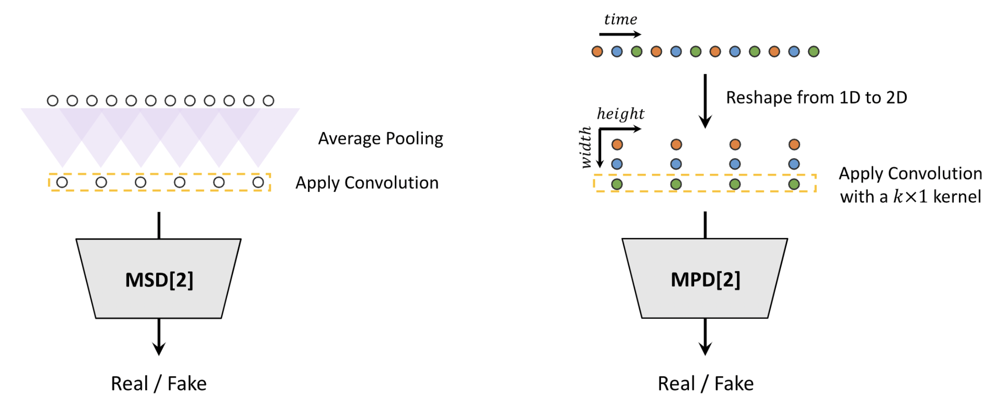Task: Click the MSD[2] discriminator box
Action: (158, 278)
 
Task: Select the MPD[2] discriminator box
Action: (705, 278)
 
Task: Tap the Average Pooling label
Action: (380, 138)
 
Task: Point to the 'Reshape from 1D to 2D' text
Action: (816, 97)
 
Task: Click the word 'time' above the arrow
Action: (620, 19)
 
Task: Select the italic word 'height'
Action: (620, 114)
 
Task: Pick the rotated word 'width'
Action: (586, 148)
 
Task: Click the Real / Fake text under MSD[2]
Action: (158, 384)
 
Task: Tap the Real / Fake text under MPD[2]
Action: (705, 384)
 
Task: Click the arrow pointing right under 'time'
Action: (620, 34)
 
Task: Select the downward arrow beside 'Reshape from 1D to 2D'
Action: (705, 101)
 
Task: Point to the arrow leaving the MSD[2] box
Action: (159, 336)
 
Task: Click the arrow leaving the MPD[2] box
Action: (705, 336)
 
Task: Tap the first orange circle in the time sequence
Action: (597, 52)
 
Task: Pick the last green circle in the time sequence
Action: (813, 52)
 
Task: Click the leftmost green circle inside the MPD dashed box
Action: (617, 184)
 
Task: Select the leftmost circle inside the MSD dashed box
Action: (62, 182)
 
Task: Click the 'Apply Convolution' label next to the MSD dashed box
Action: (367, 183)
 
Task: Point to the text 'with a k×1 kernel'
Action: (910, 197)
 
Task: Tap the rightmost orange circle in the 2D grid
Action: (794, 145)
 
